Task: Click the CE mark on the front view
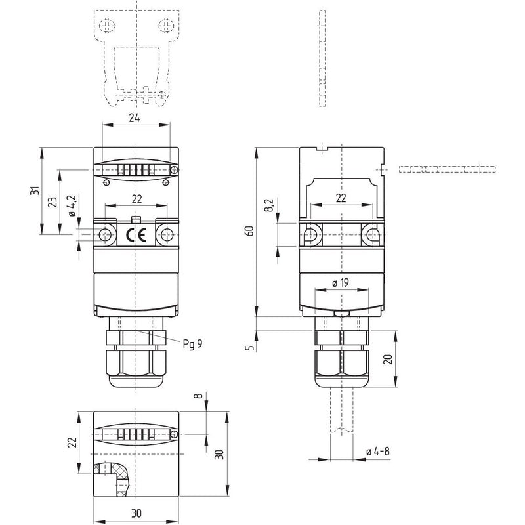pyautogui.click(x=136, y=236)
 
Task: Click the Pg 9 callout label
pyautogui.click(x=192, y=344)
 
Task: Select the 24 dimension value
pyautogui.click(x=135, y=118)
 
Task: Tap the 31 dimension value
pyautogui.click(x=35, y=190)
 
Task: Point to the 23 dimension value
pyautogui.click(x=53, y=202)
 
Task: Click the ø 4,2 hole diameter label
pyautogui.click(x=73, y=205)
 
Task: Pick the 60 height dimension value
pyautogui.click(x=250, y=231)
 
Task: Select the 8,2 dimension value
pyautogui.click(x=269, y=205)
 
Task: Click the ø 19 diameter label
pyautogui.click(x=341, y=283)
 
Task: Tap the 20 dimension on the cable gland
pyautogui.click(x=388, y=359)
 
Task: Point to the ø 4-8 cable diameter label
pyautogui.click(x=378, y=451)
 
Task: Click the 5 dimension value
pyautogui.click(x=250, y=348)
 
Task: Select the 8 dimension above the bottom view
pyautogui.click(x=199, y=396)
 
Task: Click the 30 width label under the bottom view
pyautogui.click(x=136, y=513)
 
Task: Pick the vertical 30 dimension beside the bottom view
pyautogui.click(x=219, y=454)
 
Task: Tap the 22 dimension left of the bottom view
pyautogui.click(x=72, y=442)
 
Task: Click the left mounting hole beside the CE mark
pyautogui.click(x=106, y=235)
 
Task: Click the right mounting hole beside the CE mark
pyautogui.click(x=167, y=235)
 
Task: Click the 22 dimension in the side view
pyautogui.click(x=341, y=198)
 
